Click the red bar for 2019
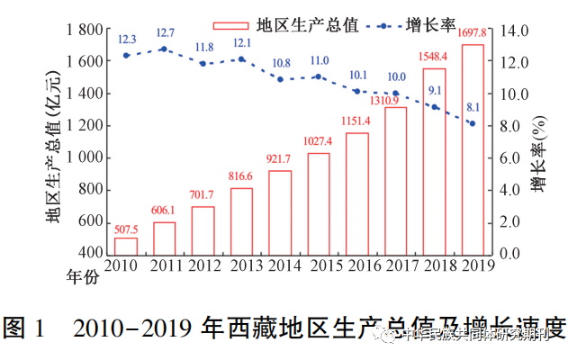[x=473, y=148]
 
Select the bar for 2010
[x=126, y=245]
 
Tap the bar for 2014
[x=280, y=211]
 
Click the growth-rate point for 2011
[x=164, y=49]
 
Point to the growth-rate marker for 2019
[x=473, y=123]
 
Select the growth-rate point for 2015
[x=319, y=76]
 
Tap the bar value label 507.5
[x=126, y=229]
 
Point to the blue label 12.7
[x=165, y=33]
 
